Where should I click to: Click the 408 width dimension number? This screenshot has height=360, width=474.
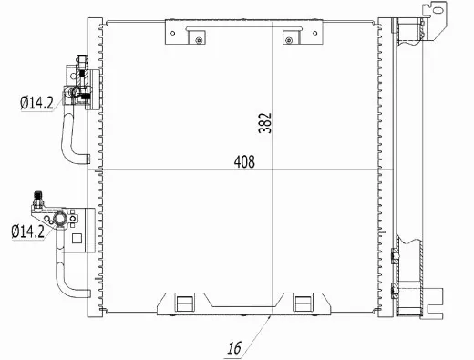[x=243, y=162]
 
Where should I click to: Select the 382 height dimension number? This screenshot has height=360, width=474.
[x=265, y=123]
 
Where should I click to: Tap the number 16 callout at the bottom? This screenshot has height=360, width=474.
[x=235, y=347]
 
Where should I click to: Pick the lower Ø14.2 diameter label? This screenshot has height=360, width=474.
[x=28, y=231]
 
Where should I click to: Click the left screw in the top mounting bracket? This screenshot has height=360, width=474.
[x=196, y=36]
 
